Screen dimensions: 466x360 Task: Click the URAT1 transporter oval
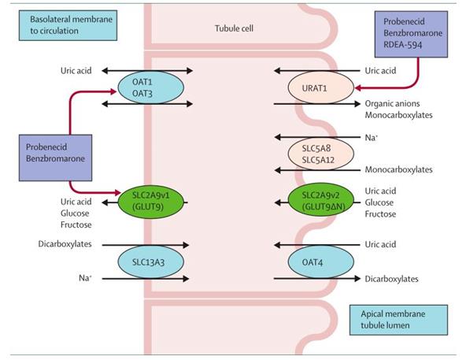[x=321, y=88]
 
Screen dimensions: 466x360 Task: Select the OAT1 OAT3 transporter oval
[x=151, y=87]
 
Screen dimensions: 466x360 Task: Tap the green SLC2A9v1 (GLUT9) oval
[x=151, y=201]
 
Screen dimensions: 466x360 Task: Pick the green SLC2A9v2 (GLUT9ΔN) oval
[x=321, y=200]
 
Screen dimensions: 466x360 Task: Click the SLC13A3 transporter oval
[x=151, y=262]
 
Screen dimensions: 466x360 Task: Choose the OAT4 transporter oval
[x=321, y=262]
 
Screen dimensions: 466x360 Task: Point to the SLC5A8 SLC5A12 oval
[x=321, y=154]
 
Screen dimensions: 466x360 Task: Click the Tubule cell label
[x=235, y=28]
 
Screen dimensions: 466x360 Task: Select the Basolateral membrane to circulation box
[x=68, y=25]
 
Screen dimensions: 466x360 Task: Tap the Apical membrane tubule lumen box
[x=398, y=320]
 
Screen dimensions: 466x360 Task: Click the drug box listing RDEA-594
[x=411, y=34]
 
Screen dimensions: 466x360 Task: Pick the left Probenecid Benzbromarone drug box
[x=55, y=158]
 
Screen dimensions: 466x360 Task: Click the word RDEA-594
[x=403, y=45]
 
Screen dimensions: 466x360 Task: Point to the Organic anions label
[x=392, y=103]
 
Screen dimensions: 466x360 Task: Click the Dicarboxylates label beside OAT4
[x=391, y=279]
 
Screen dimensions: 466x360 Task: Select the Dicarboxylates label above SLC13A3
[x=65, y=244]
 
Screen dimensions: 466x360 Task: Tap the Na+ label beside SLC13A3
[x=85, y=278]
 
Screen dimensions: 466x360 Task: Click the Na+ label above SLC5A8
[x=372, y=137]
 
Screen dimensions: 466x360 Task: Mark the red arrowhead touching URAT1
[x=358, y=88]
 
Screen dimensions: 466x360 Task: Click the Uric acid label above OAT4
[x=380, y=244]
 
